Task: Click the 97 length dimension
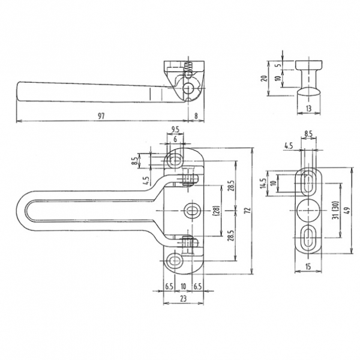coord(101,116)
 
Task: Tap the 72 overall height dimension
coord(248,211)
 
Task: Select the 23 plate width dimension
coord(183,298)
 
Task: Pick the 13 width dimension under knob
coord(309,109)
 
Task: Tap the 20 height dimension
coord(265,78)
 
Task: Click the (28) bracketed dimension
coord(217,211)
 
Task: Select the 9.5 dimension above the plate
coord(175,130)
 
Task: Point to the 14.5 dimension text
coord(263,184)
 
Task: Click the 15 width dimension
coord(308,266)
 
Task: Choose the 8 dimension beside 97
coord(196,116)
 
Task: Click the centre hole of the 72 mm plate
coord(192,211)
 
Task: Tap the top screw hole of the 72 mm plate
coord(175,160)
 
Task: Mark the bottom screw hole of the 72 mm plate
coord(175,261)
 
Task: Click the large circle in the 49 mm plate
coord(308,211)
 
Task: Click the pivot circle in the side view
coord(189,88)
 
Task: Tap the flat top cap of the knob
coord(308,65)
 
